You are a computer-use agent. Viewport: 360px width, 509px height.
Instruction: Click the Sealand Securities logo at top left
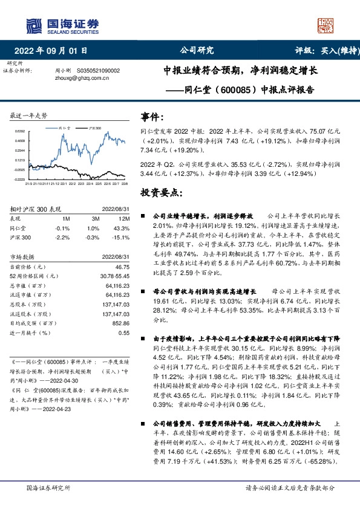click(x=61, y=25)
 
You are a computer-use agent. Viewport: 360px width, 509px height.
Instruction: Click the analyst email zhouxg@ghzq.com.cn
click(x=79, y=78)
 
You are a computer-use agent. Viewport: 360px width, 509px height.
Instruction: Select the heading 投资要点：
click(x=161, y=192)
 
